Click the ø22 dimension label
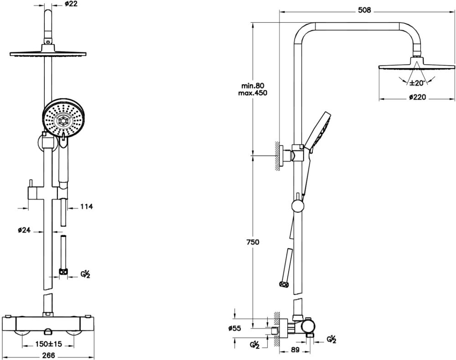(x=71, y=5)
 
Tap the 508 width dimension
(x=365, y=10)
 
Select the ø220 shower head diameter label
(x=417, y=98)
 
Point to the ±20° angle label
(x=417, y=83)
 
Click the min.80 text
(x=253, y=86)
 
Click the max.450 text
(x=253, y=93)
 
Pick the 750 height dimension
(x=253, y=242)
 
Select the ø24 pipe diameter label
(x=24, y=230)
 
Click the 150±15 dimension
(x=49, y=344)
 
